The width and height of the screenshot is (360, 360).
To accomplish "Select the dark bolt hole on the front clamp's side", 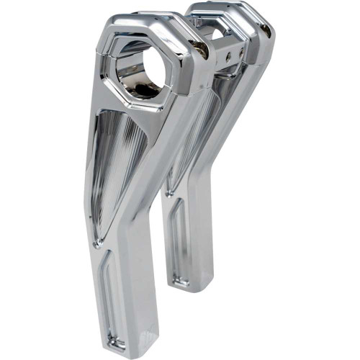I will [204, 55].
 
